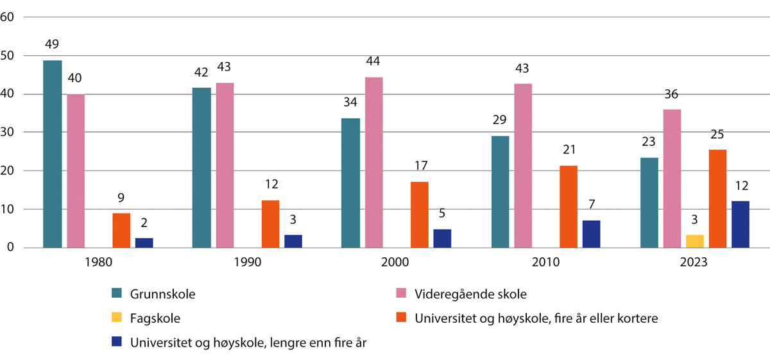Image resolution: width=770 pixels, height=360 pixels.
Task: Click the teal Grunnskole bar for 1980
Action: point(53,154)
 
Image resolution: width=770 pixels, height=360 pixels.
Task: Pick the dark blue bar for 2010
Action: point(591,234)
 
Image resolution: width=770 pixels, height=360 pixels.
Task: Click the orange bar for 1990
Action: point(270,224)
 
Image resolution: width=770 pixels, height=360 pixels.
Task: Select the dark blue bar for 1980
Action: point(144,243)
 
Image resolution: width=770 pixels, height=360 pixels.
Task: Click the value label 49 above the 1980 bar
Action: point(53,46)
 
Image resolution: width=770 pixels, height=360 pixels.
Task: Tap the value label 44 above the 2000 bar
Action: point(374,62)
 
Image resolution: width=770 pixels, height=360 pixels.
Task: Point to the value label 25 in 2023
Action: point(717,135)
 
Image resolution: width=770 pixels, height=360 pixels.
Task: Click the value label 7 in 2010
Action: point(591,205)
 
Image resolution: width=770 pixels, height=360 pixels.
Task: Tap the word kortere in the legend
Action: point(637,318)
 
